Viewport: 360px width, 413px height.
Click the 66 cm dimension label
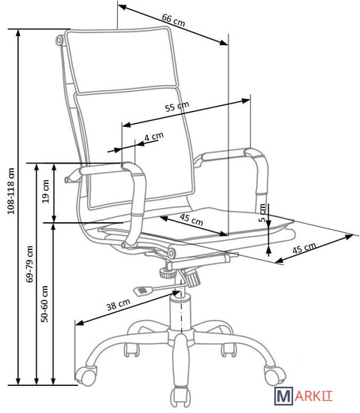[x=173, y=20]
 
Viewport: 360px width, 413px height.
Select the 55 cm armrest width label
[x=177, y=107]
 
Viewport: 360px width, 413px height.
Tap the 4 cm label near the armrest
[x=154, y=137]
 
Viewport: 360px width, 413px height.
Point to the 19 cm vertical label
[x=46, y=191]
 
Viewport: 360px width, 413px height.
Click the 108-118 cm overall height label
[x=11, y=191]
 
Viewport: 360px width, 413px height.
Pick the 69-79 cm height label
[x=29, y=264]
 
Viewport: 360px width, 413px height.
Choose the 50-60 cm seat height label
[x=44, y=303]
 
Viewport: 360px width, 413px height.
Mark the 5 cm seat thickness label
[x=262, y=213]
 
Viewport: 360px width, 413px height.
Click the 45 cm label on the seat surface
[x=192, y=220]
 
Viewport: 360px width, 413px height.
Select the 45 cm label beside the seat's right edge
[x=304, y=248]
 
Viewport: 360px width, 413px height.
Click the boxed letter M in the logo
[x=283, y=396]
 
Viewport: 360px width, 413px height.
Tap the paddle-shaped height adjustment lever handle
[x=143, y=291]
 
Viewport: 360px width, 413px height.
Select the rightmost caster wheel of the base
[x=275, y=375]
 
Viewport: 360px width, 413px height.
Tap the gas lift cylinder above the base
[x=180, y=312]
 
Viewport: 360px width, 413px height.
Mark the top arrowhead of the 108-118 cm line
[x=18, y=33]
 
